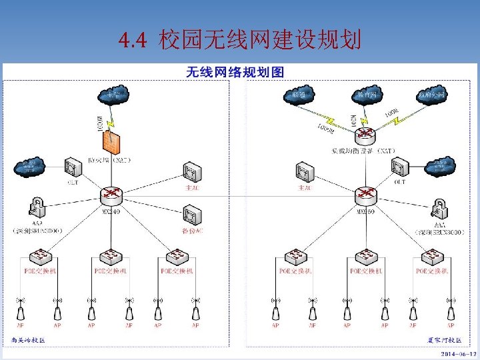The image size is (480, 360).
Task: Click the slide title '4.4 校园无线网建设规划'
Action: pos(239,41)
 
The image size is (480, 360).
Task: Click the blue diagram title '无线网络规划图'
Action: pos(235,72)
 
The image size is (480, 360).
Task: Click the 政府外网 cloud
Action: pos(432,96)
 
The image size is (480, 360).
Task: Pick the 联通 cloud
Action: pos(298,96)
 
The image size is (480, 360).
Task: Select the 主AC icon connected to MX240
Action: pos(192,173)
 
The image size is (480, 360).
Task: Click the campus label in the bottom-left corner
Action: pos(28,340)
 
